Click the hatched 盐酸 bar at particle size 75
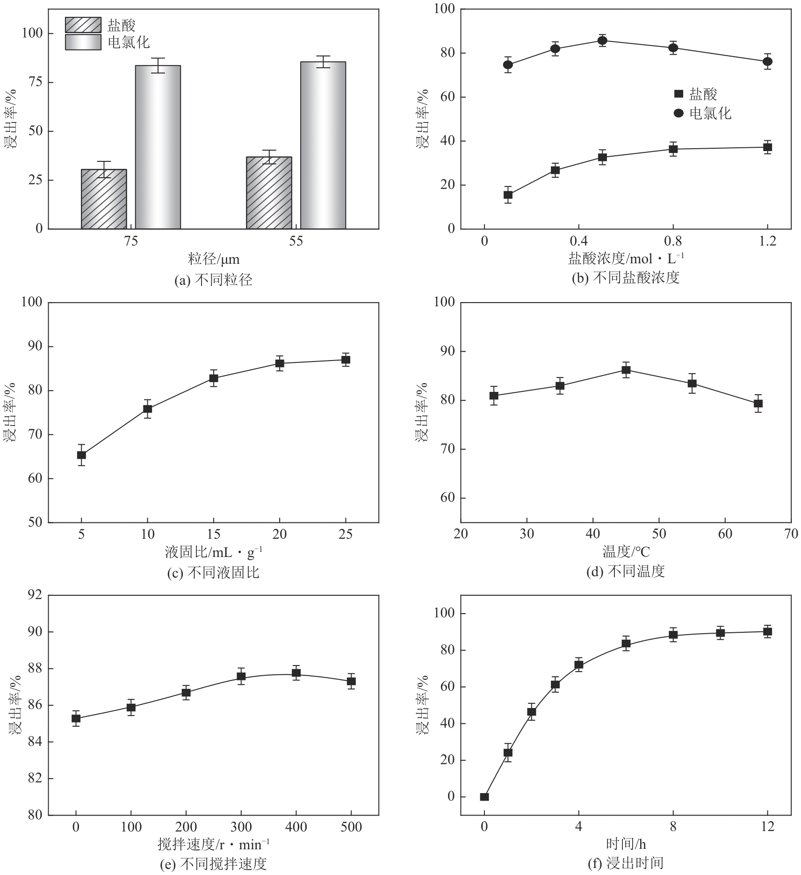tap(104, 199)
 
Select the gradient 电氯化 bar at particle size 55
tap(323, 145)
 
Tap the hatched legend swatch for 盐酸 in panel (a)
tap(83, 25)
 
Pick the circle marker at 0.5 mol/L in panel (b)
tap(602, 40)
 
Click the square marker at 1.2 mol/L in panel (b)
tap(767, 147)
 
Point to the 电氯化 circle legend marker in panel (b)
tap(678, 113)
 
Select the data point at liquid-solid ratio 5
tap(81, 455)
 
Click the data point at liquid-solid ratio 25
tap(346, 360)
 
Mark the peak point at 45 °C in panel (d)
tap(626, 370)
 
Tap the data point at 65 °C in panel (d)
tap(758, 404)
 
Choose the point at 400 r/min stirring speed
tap(296, 673)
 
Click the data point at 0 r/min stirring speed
tap(76, 718)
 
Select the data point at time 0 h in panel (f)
tap(484, 797)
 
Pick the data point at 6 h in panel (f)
tap(626, 644)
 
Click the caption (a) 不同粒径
tap(213, 280)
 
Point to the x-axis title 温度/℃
tap(626, 552)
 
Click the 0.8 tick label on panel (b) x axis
tap(673, 241)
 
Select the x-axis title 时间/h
tap(626, 844)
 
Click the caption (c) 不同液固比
tap(213, 572)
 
